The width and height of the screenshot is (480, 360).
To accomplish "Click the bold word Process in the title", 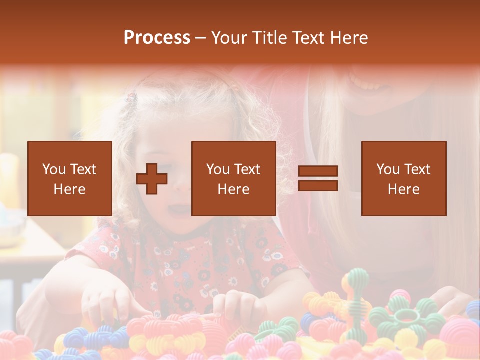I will pos(157,38).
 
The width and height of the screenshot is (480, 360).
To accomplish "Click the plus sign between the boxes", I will pos(152,179).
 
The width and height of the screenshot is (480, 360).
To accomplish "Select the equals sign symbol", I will pos(318,178).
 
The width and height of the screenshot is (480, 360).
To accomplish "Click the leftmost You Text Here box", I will pos(70,178).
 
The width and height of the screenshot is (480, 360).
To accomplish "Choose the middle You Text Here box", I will pos(234,178).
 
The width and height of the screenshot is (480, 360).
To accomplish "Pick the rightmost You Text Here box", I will pos(404,178).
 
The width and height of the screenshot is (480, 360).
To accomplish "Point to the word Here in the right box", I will pos(404,189).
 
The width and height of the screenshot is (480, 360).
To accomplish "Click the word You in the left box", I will pos(53,169).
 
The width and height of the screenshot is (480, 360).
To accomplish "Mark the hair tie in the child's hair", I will pos(131,97).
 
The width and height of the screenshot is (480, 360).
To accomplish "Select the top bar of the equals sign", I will pos(318,171).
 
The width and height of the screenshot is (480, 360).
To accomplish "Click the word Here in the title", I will pos(348,38).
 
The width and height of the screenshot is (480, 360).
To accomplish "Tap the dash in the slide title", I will pos(201,38).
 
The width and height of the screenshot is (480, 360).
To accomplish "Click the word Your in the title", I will pos(228,38).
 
